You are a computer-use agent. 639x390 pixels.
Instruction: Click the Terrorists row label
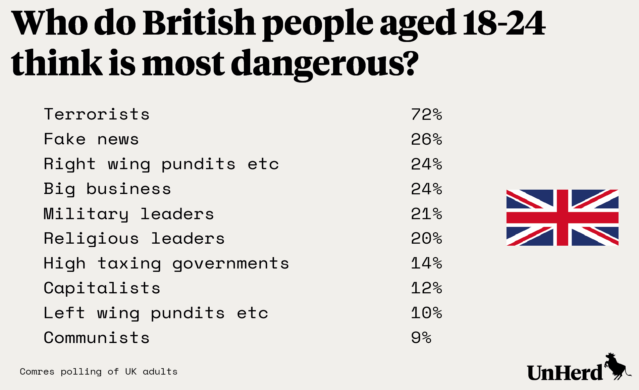coord(97,114)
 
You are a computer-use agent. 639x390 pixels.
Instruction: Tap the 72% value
coord(426,114)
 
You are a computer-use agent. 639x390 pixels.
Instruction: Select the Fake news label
coord(91,139)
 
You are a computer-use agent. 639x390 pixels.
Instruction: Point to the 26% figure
coord(426,139)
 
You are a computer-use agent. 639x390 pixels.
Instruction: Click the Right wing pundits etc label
coord(161,164)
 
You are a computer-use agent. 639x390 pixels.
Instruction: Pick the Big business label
coord(107,189)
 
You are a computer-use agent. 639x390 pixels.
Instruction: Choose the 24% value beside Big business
coord(426,189)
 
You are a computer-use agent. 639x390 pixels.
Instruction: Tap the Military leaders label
coord(129,214)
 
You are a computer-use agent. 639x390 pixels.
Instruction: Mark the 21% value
coord(426,214)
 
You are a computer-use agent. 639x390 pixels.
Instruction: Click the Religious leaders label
coord(134,239)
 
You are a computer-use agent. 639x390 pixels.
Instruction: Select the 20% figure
coord(426,239)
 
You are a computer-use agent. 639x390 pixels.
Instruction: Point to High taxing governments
coord(166,263)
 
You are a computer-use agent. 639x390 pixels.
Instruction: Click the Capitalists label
coord(102,288)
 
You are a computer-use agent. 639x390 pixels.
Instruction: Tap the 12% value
coord(426,288)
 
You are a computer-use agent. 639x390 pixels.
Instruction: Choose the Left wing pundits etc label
coord(156,313)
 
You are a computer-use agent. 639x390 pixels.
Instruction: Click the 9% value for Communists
coord(421,338)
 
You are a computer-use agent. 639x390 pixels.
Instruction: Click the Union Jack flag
coord(562,217)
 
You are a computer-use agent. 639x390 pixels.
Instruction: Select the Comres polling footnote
coord(99,372)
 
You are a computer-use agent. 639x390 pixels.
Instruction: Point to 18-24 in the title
coord(503,23)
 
